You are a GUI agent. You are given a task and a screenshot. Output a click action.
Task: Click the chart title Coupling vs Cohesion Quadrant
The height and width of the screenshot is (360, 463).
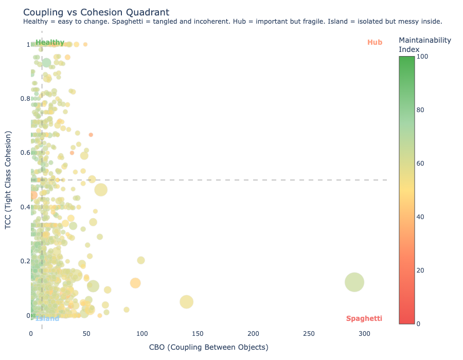pos(96,12)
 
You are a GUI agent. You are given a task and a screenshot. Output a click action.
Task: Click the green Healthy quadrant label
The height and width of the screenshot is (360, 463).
pos(50,43)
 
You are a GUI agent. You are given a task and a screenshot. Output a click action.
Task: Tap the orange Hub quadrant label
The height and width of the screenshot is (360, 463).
pos(375,42)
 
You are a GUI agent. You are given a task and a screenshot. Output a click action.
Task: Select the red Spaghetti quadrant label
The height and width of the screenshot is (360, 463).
pos(364,318)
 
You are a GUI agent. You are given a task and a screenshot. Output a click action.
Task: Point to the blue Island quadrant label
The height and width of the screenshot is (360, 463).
pos(47,318)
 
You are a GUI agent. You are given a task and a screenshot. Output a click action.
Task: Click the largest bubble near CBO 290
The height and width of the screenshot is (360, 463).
pos(354,282)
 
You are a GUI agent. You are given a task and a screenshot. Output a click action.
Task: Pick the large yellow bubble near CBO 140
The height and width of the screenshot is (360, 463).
pos(187,302)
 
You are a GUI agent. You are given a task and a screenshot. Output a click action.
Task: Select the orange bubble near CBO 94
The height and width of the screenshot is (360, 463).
pos(135,283)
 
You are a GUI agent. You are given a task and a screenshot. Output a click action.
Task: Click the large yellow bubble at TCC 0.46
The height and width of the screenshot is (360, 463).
pos(101,190)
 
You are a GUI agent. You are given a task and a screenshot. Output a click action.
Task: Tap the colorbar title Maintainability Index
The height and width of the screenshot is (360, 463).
pos(424,44)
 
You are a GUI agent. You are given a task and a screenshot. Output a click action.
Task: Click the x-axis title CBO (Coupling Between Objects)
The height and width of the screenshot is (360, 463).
pos(208,347)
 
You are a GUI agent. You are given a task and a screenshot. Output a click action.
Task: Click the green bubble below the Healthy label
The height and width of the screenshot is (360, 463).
pos(46,63)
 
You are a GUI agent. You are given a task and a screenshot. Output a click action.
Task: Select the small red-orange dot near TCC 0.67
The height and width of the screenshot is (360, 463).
pos(91,135)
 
